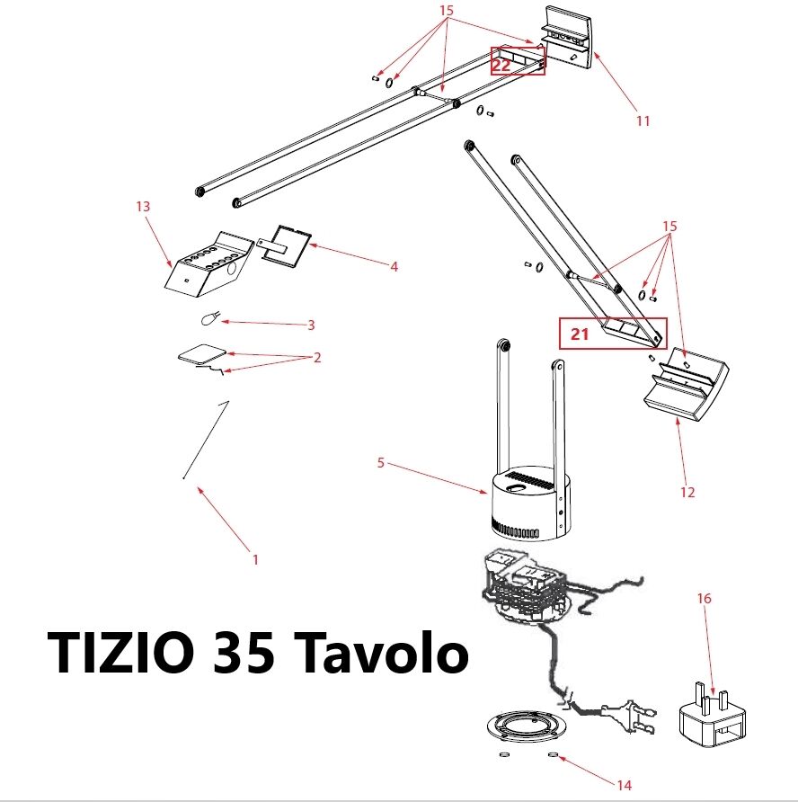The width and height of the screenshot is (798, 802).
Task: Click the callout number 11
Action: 643,120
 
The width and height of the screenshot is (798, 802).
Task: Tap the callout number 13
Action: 143,206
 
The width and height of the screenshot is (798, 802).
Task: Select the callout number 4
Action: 395,266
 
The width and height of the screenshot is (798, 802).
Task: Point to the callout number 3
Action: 311,325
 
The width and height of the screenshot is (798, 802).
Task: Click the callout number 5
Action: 380,463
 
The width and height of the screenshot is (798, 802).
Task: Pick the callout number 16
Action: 704,598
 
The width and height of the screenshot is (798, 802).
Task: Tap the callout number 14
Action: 625,785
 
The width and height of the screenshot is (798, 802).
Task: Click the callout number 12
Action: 687,492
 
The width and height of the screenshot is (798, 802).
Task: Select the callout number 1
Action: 255,559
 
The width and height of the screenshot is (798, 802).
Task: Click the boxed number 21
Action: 580,334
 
